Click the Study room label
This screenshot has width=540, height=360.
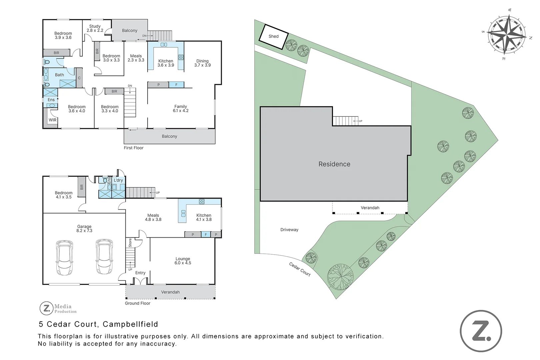(95, 28)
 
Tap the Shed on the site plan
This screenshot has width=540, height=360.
(274, 37)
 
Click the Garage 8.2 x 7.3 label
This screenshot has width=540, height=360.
(84, 228)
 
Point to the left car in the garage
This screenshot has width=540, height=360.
(64, 258)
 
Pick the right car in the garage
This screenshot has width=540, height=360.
(104, 257)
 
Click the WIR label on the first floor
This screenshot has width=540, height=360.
(53, 120)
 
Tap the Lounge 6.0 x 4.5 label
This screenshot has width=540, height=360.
(183, 261)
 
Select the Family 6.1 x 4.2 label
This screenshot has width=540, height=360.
(181, 109)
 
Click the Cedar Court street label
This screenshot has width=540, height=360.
(300, 269)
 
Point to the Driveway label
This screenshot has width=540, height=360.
(289, 230)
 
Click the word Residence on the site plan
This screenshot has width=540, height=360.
(334, 164)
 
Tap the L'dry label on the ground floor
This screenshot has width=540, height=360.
(118, 180)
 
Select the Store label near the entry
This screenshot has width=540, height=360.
(130, 243)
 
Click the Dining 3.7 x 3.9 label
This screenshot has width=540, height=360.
(203, 63)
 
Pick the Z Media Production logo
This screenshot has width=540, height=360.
(58, 308)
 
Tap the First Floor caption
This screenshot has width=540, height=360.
(134, 148)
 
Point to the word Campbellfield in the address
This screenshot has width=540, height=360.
(130, 324)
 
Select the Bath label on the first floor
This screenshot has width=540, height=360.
(59, 75)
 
